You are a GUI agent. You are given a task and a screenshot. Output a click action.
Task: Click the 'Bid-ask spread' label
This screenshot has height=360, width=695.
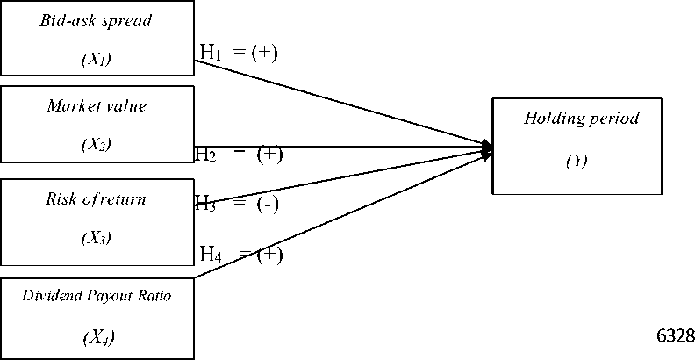point(96,21)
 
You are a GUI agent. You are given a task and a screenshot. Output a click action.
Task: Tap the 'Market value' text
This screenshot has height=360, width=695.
point(97,106)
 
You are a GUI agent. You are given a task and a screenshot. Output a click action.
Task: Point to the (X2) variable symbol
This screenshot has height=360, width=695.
point(97,144)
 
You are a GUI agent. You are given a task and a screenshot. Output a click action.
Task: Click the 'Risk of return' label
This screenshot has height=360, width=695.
point(96,199)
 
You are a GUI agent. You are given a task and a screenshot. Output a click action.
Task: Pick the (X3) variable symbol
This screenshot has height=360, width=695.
point(96,237)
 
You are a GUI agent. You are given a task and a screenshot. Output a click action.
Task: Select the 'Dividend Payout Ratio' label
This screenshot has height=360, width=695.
point(97,296)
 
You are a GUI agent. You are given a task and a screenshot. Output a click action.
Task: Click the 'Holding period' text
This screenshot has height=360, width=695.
point(582,118)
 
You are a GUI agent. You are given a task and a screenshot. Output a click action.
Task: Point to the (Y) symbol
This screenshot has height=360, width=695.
point(576,161)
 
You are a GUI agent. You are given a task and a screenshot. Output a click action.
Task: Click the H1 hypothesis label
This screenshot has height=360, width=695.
point(211,52)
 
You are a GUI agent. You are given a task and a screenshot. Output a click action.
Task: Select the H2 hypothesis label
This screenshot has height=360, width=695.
point(205,155)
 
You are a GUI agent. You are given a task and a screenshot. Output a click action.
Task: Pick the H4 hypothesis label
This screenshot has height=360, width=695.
point(211,255)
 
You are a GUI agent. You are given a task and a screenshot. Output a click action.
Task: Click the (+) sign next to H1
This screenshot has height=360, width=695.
point(263,52)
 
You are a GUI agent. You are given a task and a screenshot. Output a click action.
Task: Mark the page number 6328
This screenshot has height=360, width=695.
point(675,335)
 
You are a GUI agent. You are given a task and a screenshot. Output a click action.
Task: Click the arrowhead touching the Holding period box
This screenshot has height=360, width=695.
point(486,148)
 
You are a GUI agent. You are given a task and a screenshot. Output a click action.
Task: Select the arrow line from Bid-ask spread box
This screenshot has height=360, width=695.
point(342,102)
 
